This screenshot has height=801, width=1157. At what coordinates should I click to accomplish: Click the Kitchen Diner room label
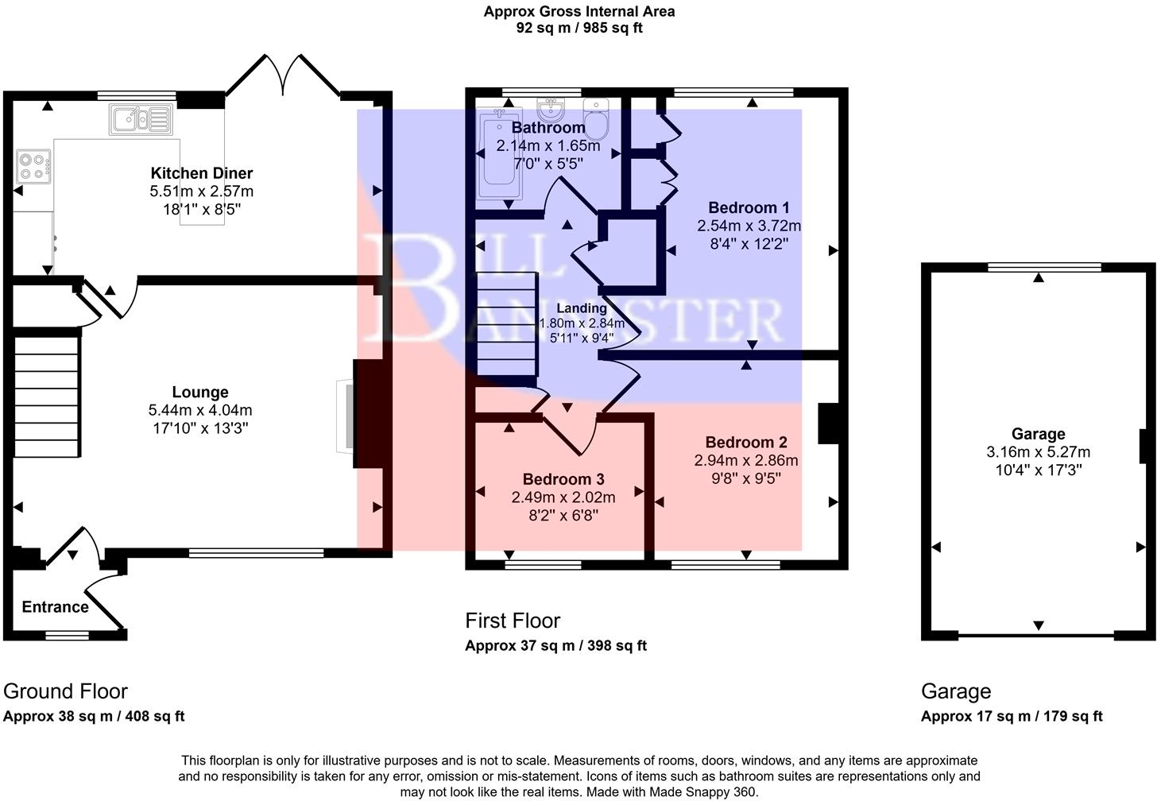coord(202,173)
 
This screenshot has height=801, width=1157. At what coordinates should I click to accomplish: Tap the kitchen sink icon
coord(141,119)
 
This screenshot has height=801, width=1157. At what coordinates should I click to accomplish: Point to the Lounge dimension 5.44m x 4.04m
coord(200,410)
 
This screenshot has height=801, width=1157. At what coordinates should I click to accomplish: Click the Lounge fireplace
coord(346,417)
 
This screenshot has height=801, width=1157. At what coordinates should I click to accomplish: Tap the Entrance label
coord(55,607)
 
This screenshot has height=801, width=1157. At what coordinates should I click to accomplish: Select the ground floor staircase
coord(47,397)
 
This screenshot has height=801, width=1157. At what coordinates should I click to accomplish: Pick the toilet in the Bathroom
coord(595,117)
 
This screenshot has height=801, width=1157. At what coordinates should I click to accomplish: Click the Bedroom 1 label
coord(749,207)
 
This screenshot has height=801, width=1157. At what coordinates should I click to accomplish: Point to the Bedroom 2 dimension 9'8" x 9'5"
coord(746,478)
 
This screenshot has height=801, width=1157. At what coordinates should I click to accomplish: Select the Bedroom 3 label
coord(563,479)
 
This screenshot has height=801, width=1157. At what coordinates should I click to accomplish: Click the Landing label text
coord(581,308)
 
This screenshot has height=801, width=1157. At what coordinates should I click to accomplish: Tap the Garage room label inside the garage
coord(1038,434)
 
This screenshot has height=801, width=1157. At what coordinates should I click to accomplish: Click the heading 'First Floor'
coord(513,621)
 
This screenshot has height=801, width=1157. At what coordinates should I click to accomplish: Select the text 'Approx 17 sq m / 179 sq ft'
coord(1012,716)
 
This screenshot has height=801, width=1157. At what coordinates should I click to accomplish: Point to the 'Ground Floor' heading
coord(65,691)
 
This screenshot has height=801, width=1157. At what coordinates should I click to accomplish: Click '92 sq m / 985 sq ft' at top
coord(578,28)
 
